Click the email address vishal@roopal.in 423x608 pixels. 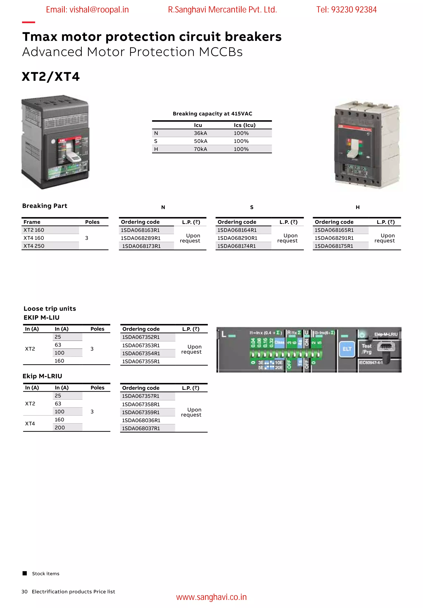point(87,10)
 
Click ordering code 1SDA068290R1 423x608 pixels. point(237,238)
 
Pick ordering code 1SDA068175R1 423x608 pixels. point(334,246)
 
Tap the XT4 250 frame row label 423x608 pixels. point(34,246)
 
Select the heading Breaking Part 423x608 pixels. point(44,206)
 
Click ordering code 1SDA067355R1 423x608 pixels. point(141,361)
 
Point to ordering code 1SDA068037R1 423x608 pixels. point(141,428)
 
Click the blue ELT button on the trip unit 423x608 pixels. point(347,349)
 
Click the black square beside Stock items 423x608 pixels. point(25,573)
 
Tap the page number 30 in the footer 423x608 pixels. point(24,591)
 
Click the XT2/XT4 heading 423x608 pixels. point(51,77)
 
